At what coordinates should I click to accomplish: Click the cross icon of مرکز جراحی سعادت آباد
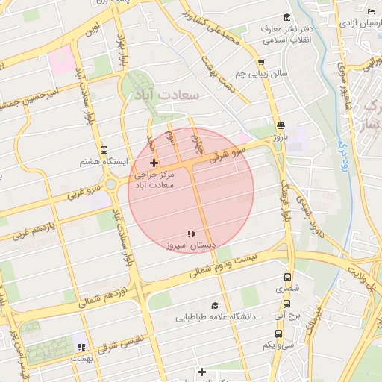coord(154,163)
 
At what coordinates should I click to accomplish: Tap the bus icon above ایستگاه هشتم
coord(103,149)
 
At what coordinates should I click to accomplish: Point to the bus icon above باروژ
coord(280,126)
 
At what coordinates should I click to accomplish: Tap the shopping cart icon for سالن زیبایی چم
coord(260,63)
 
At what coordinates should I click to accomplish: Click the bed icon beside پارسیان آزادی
coord(372,11)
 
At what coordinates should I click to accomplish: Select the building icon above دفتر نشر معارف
coord(286,17)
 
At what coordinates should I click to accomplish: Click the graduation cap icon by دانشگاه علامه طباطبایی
coord(215,305)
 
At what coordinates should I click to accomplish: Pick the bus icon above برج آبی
coord(287,304)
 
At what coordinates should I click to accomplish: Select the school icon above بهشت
coord(81,347)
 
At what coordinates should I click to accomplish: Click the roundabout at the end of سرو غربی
coord(111,184)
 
